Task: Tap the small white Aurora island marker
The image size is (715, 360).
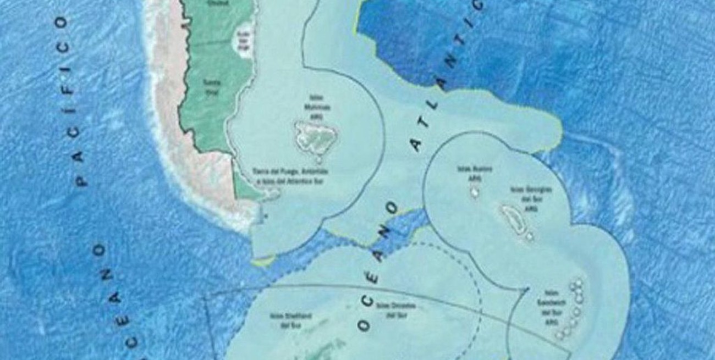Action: (x=474, y=193)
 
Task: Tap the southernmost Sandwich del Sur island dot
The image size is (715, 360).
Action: (x=559, y=334)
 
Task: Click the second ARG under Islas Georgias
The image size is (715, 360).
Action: (x=530, y=208)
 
